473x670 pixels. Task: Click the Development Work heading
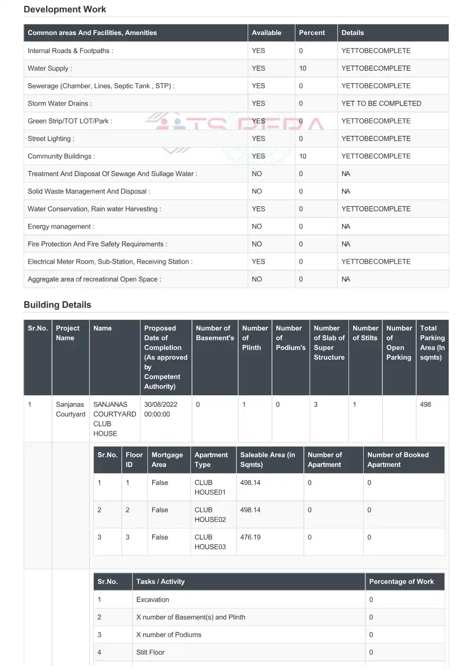coord(65,10)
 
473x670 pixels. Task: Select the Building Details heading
coord(57,305)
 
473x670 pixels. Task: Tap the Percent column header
coord(312,33)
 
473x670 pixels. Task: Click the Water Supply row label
coord(50,68)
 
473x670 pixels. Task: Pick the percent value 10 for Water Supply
coord(302,68)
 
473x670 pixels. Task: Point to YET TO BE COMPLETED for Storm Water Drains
coord(381,103)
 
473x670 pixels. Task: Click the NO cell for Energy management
coord(257,227)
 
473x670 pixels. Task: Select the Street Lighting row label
coord(51,139)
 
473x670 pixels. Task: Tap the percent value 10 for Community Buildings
coord(302,156)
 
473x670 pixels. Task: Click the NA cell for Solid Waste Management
coord(346,192)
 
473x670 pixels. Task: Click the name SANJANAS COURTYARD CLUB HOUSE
coord(115,419)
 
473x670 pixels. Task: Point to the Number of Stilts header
coord(365,333)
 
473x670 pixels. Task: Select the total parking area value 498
coord(425,405)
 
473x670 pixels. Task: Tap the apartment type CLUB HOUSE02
coord(210,515)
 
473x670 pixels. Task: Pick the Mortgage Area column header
coord(167,460)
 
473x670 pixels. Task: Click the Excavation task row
coord(153,600)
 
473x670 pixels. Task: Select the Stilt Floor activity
coord(151,652)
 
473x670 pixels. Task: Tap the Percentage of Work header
coord(401,582)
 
